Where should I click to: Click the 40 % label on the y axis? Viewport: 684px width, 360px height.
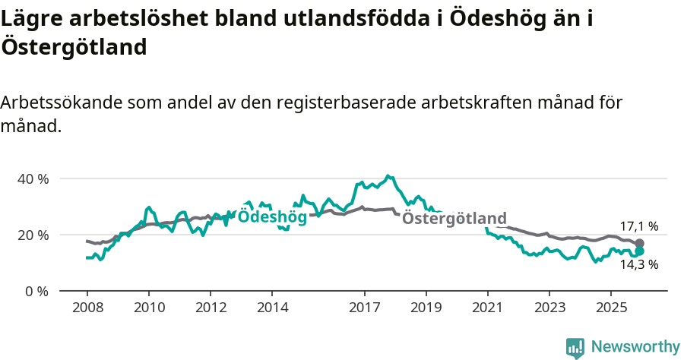pos(33,179)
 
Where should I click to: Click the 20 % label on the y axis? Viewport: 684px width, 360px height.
pos(33,235)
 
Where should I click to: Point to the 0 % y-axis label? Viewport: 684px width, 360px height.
pos(36,291)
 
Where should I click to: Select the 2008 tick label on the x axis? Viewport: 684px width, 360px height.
pos(87,308)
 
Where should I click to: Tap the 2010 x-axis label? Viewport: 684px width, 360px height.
pos(149,308)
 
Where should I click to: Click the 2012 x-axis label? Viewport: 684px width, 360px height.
pos(211,308)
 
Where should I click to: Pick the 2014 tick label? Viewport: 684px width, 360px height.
pos(272,308)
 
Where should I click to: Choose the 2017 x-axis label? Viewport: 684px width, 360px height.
pos(364,308)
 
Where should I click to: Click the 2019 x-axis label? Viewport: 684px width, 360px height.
pos(426,308)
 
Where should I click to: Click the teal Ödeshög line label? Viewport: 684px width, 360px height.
pos(272,217)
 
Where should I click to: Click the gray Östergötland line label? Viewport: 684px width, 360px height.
pos(454,219)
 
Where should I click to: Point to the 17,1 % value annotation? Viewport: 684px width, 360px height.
pos(638,226)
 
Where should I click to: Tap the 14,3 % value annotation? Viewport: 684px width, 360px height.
pos(638,265)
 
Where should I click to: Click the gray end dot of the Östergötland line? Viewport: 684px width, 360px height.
pos(639,243)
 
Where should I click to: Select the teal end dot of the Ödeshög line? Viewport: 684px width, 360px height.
pos(639,251)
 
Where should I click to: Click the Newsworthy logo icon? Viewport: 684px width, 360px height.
pos(575,348)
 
